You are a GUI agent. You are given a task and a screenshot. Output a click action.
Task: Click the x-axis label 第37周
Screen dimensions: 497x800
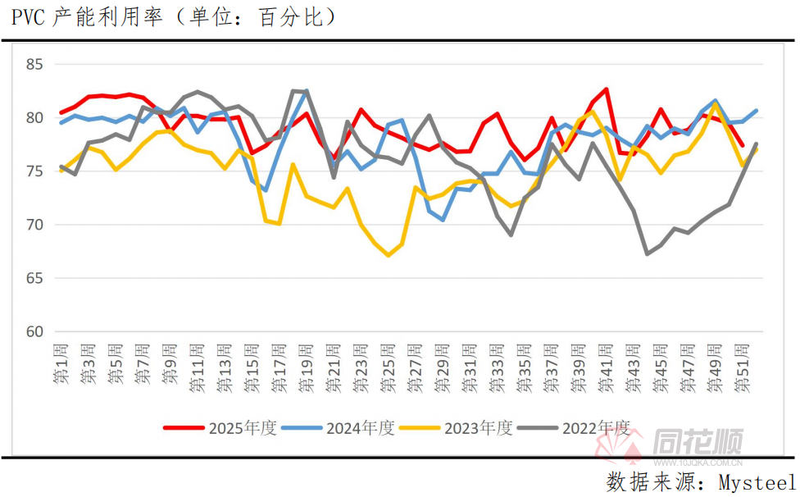pos(552,366)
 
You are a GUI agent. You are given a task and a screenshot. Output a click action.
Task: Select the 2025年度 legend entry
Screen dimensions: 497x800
pos(220,427)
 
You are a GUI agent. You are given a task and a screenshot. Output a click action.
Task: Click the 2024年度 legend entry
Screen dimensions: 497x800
pos(338,427)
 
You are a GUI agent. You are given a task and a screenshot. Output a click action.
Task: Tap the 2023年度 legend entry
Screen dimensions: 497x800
pos(456,427)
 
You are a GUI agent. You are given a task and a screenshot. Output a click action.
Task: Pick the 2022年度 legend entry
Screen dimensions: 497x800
pos(574,427)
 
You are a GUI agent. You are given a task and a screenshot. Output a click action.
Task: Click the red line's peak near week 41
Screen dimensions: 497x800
pos(607,89)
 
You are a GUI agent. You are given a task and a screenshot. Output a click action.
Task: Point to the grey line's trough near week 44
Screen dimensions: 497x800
pos(648,253)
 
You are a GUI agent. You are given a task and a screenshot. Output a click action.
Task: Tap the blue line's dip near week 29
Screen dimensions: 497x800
pos(443,220)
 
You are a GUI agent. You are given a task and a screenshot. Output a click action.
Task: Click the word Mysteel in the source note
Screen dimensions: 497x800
pos(756,481)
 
